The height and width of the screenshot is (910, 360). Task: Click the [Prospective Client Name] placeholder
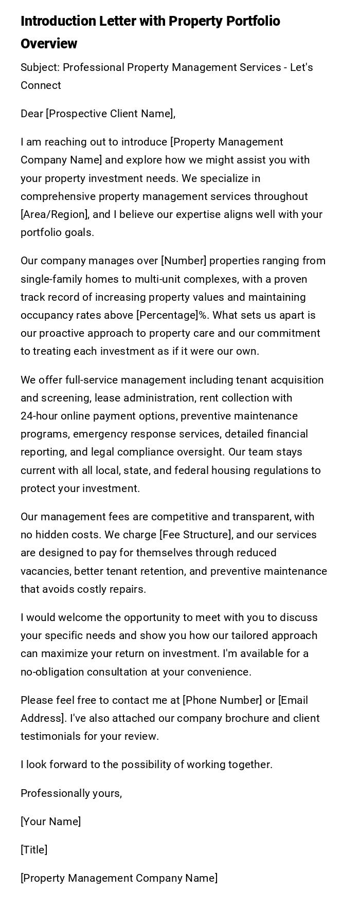coord(111,114)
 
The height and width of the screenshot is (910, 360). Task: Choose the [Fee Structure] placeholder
coord(196,535)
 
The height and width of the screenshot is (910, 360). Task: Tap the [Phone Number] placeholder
coord(222,700)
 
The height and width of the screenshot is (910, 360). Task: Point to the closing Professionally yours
coord(71,793)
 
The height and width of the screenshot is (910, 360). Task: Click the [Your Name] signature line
coord(50,822)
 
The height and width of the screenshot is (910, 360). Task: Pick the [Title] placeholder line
coord(34,850)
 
